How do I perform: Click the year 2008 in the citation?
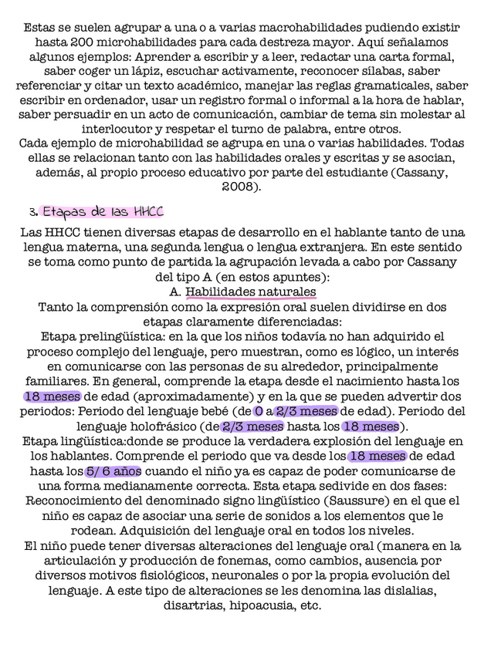click(241, 187)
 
